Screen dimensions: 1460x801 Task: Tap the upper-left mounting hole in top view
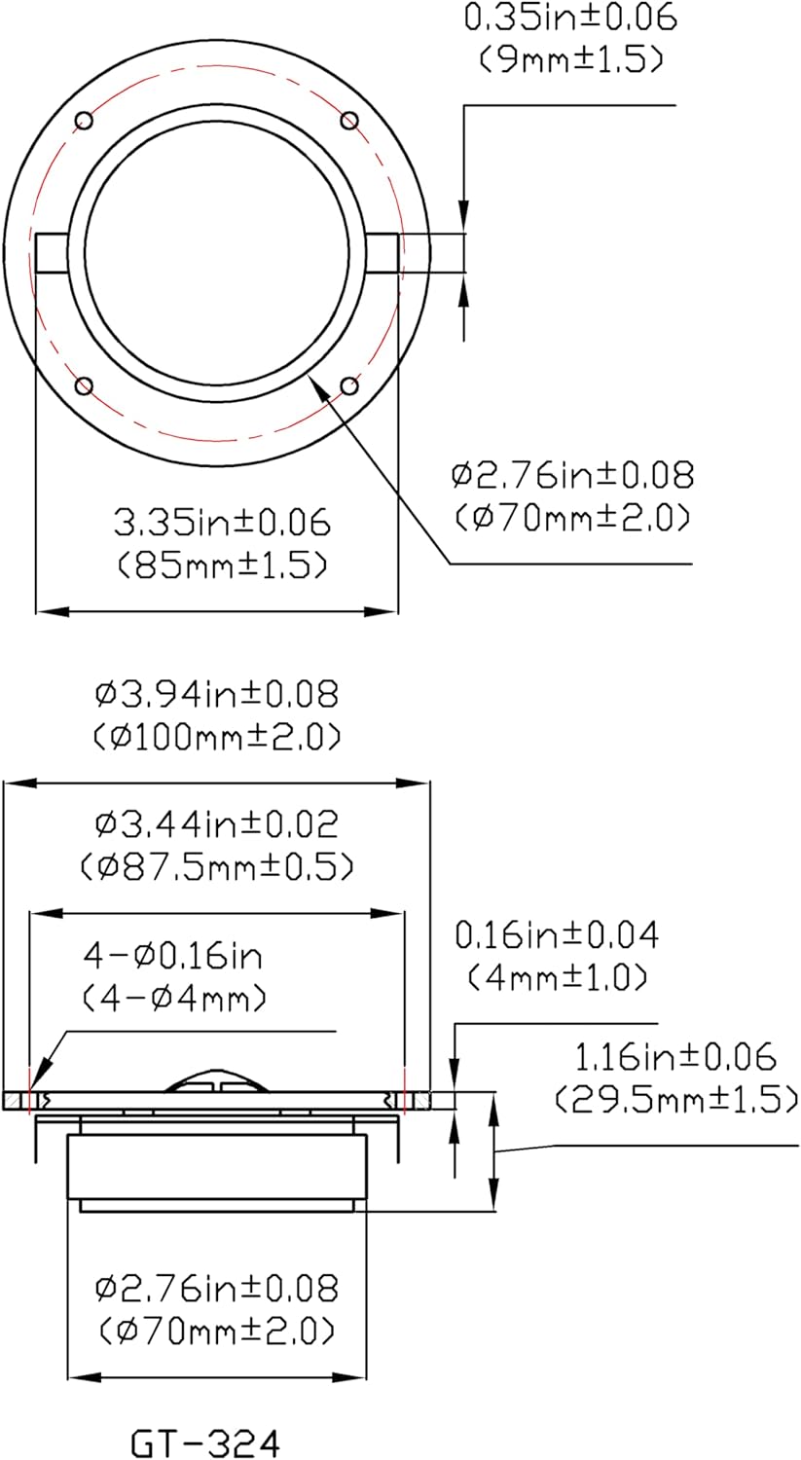(85, 120)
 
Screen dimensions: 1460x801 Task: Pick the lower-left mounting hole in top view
(85, 386)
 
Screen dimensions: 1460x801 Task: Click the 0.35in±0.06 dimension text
(570, 18)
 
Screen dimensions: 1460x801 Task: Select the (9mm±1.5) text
(571, 59)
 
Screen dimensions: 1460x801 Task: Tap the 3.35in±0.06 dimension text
(222, 524)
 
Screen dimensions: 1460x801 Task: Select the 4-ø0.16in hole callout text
(173, 956)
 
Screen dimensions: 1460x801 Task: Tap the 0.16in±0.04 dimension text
(557, 935)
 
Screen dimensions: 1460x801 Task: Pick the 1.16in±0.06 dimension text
(675, 1057)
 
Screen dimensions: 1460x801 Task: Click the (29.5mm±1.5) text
(675, 1099)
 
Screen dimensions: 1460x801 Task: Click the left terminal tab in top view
(51, 254)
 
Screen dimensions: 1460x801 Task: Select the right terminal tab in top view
(383, 254)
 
